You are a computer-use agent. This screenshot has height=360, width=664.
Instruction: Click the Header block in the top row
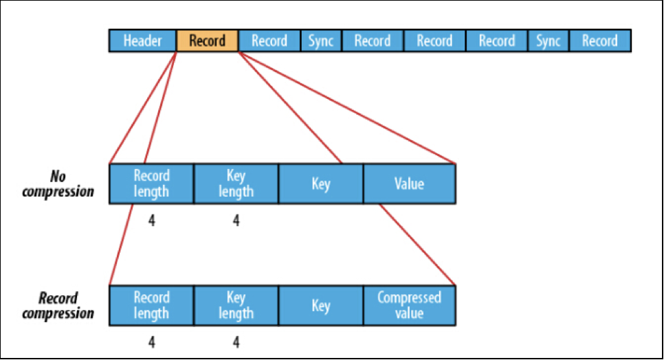tap(143, 41)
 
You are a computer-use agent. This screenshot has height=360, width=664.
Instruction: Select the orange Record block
tap(207, 41)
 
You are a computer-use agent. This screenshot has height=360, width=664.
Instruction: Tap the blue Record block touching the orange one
tap(269, 41)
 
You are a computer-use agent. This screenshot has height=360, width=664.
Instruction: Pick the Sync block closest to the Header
tap(321, 41)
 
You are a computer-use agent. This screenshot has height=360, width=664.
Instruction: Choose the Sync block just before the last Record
tap(549, 41)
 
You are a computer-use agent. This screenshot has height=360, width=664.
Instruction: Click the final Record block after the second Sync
tap(600, 41)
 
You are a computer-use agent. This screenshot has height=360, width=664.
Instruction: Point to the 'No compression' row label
tap(58, 183)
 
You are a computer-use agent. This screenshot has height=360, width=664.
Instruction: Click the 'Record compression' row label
tap(58, 306)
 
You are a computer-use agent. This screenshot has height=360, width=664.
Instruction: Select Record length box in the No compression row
tap(152, 183)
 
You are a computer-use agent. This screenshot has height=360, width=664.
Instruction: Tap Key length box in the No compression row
tap(236, 183)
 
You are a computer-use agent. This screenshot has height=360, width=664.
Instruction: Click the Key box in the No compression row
tap(321, 183)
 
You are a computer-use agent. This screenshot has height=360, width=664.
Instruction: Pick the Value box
tap(410, 183)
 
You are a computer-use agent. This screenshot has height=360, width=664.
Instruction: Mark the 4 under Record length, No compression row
tap(152, 221)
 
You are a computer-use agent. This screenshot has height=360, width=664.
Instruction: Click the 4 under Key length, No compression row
tap(236, 221)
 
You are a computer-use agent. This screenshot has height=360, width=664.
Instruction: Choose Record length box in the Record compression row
tap(152, 306)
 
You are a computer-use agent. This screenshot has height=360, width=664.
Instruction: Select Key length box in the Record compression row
tap(236, 306)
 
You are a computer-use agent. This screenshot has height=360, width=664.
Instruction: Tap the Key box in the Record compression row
tap(321, 306)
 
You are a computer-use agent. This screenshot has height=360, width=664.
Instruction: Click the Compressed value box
tap(410, 306)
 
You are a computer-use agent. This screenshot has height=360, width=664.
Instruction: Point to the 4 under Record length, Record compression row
tap(152, 342)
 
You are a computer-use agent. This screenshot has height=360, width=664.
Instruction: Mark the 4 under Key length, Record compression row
tap(236, 342)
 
